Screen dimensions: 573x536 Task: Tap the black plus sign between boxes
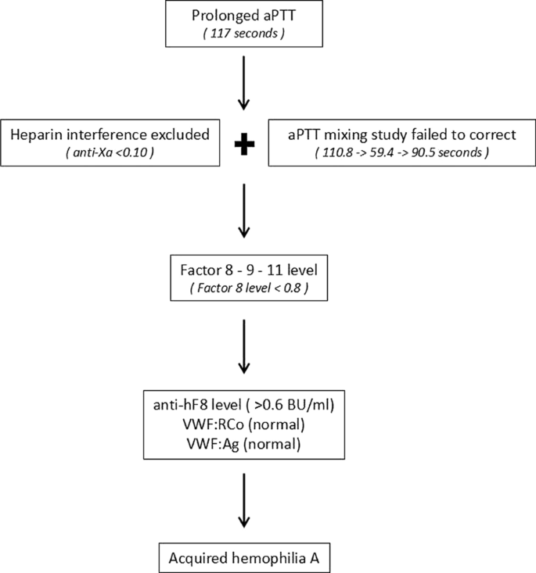click(x=244, y=143)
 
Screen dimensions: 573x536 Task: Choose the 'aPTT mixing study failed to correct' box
click(x=393, y=143)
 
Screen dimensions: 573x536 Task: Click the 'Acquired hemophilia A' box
click(x=243, y=558)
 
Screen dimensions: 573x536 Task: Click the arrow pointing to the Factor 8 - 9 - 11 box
click(x=243, y=210)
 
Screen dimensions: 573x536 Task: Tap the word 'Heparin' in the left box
click(x=37, y=134)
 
